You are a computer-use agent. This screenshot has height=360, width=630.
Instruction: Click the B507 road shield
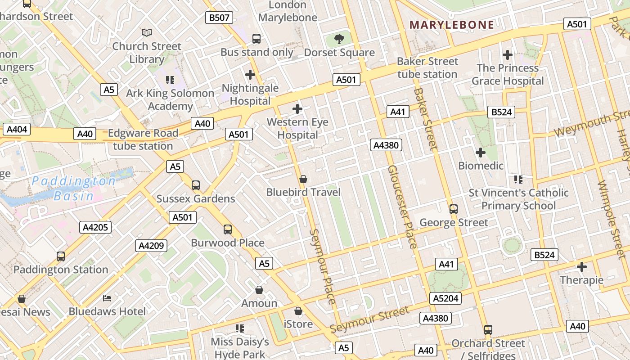pyautogui.click(x=220, y=18)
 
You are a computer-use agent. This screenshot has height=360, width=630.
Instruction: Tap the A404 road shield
pyautogui.click(x=17, y=130)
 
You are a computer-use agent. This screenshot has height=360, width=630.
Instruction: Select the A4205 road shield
pyautogui.click(x=95, y=227)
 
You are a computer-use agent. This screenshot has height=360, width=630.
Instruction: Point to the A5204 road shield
pyautogui.click(x=446, y=298)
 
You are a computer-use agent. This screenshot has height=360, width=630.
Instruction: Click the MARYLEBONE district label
pyautogui.click(x=452, y=25)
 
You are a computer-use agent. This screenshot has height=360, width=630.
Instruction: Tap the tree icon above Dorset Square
pyautogui.click(x=339, y=39)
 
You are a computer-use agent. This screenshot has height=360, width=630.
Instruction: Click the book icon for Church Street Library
pyautogui.click(x=147, y=32)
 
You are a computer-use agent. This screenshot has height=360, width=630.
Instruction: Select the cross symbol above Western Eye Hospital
pyautogui.click(x=297, y=108)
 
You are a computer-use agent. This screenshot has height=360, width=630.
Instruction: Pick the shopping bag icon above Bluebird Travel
pyautogui.click(x=303, y=179)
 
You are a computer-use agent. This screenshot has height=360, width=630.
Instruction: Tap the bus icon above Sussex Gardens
pyautogui.click(x=196, y=185)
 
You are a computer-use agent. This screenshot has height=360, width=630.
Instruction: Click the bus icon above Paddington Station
pyautogui.click(x=61, y=256)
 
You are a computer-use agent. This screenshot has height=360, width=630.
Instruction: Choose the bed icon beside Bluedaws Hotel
pyautogui.click(x=107, y=298)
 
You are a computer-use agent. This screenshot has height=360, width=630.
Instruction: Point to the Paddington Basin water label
pyautogui.click(x=74, y=188)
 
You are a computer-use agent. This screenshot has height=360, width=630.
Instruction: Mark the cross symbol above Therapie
pyautogui.click(x=582, y=267)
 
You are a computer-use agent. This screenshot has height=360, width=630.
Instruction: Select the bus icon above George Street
pyautogui.click(x=454, y=209)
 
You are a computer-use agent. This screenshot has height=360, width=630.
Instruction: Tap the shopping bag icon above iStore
pyautogui.click(x=298, y=311)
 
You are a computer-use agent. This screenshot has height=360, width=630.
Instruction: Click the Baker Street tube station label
pyautogui.click(x=427, y=67)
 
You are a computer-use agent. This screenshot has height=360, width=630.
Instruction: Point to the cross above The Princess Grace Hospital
pyautogui.click(x=508, y=55)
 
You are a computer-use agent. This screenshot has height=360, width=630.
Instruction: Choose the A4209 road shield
pyautogui.click(x=152, y=246)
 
